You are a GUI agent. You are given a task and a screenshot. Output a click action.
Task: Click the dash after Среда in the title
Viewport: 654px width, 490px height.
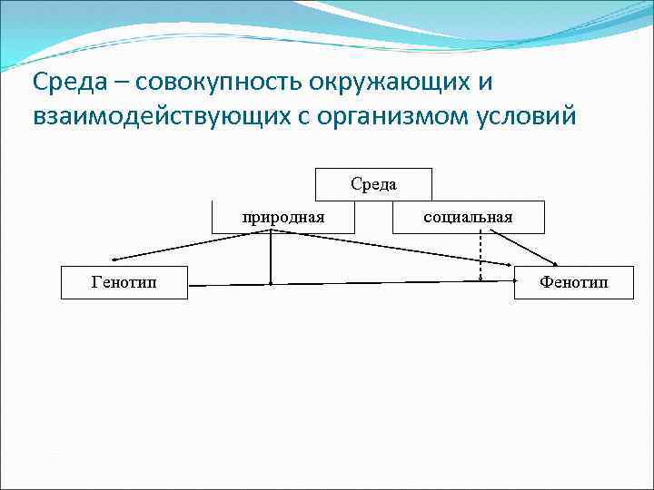[119, 83]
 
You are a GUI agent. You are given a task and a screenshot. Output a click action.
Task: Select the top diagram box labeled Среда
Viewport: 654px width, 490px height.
[373, 184]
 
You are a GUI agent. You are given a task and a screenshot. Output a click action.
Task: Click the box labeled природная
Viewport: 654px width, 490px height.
[282, 217]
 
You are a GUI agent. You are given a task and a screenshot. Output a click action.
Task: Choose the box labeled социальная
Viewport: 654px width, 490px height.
[468, 217]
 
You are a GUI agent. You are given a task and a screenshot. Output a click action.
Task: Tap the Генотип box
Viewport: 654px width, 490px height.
[124, 282]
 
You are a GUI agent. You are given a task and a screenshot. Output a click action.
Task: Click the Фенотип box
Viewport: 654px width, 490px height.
[573, 282]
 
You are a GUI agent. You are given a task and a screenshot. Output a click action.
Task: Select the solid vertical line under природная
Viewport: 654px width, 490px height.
[271, 259]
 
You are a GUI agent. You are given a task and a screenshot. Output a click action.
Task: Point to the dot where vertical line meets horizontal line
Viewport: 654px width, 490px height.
[271, 284]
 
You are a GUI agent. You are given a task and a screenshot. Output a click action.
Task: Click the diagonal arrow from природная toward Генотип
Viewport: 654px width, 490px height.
[191, 246]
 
